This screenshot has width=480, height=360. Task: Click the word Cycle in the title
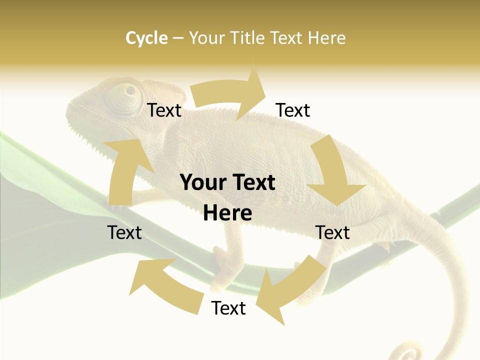[x=146, y=38]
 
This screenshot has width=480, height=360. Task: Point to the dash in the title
[x=178, y=38]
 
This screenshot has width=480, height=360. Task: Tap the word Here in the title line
[x=325, y=38]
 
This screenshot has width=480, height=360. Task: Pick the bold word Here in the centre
[x=227, y=213]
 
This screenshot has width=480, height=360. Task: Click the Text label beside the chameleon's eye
[x=164, y=110]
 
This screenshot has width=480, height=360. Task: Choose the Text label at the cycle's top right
[x=293, y=110]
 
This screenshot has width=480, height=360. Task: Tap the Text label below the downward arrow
[x=332, y=232]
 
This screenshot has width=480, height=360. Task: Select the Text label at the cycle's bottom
[x=228, y=308]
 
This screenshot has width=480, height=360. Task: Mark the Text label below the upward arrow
[x=124, y=232]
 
